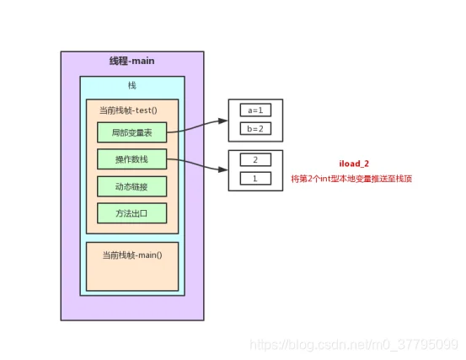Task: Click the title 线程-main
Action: tap(132, 61)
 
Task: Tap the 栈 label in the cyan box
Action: tap(132, 86)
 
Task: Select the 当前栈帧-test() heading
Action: tap(128, 110)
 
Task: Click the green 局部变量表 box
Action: tap(132, 132)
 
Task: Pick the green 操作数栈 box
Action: tap(132, 159)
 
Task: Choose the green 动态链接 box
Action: tap(132, 186)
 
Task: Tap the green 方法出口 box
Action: tap(132, 213)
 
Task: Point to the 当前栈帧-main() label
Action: tap(132, 255)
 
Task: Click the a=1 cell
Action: tap(255, 110)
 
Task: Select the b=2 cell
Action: tap(255, 129)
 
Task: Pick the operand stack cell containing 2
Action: tap(255, 160)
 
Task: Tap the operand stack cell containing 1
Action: tap(255, 179)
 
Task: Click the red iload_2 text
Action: tap(354, 164)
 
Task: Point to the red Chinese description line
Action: tap(351, 179)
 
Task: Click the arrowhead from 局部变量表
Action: tap(223, 121)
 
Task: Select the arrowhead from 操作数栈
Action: tap(223, 169)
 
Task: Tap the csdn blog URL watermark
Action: tap(354, 345)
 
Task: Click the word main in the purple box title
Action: tap(143, 61)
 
